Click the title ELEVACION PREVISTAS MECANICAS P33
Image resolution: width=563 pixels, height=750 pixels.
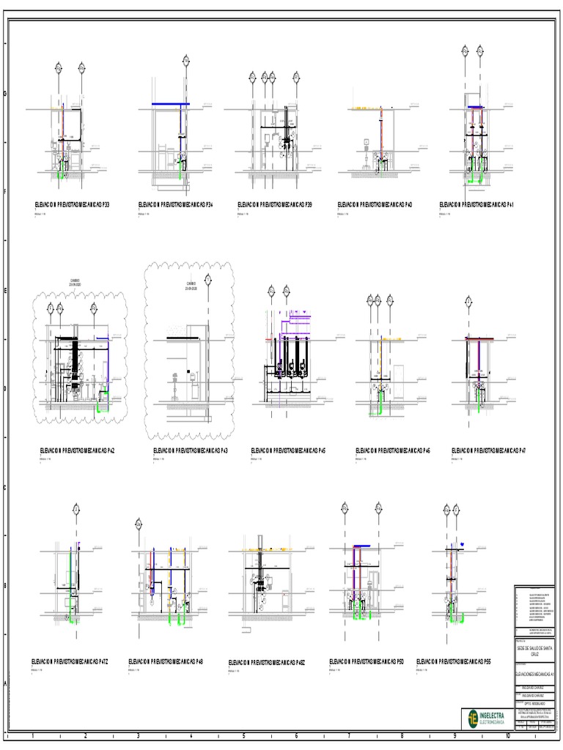[72, 205]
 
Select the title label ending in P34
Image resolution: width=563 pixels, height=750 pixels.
[175, 205]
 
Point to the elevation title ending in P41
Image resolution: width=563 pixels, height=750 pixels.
[476, 205]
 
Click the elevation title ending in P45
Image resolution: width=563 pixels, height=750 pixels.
[288, 451]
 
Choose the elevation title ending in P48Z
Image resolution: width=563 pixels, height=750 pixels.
[266, 662]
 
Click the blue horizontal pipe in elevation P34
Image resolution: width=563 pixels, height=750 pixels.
[170, 105]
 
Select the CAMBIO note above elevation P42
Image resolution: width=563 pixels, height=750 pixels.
[76, 281]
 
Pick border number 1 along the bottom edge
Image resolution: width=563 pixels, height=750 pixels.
[33, 735]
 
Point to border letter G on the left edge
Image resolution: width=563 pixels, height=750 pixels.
[6, 94]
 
